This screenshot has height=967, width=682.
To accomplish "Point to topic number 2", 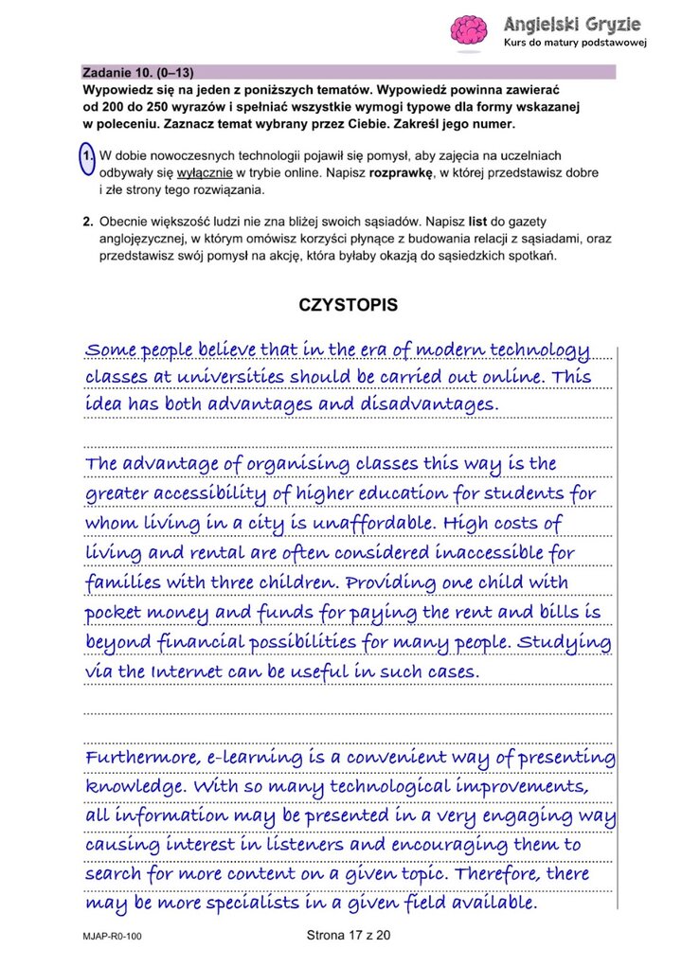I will pos(86,221).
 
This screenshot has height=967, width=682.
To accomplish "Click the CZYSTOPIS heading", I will pos(348,305).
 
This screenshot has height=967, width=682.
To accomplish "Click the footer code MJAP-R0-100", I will pos(112,937).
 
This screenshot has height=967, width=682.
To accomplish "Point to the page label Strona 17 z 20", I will pos(349,936).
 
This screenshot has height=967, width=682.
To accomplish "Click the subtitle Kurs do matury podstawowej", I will pos(575,44).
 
